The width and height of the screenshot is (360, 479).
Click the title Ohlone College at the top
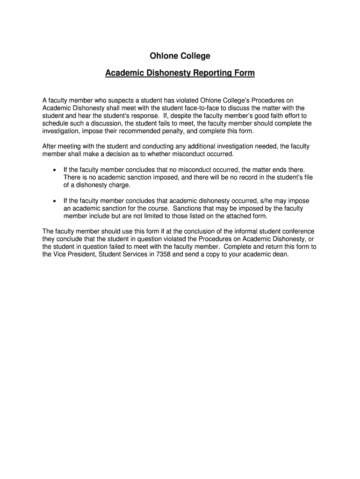pos(180,56)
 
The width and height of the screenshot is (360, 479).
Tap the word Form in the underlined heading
pos(245,73)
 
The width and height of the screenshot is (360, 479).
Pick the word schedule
pos(55,123)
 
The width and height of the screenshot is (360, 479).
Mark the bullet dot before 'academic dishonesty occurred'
pos(55,201)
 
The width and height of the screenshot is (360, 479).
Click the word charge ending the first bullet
pos(119,185)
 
